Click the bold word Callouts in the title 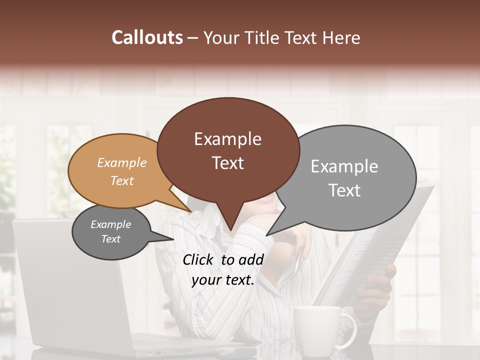(147, 37)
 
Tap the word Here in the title (341, 38)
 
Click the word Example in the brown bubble (227, 139)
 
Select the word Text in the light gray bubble (344, 190)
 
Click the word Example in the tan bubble (122, 163)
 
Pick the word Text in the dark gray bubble (110, 239)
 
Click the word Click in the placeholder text (198, 259)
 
